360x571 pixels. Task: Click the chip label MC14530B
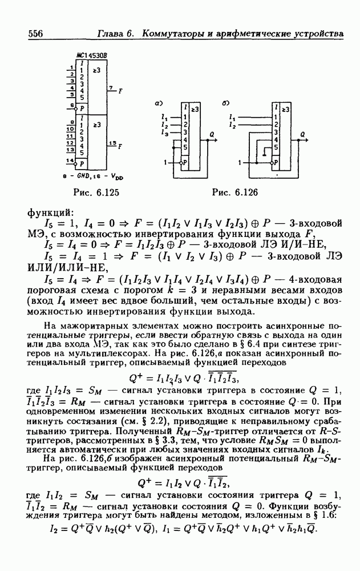86,55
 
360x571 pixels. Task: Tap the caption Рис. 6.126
235,192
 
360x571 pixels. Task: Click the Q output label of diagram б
302,134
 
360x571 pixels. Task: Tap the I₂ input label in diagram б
232,124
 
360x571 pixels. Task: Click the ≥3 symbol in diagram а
195,108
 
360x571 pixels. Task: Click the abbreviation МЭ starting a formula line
35,234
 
